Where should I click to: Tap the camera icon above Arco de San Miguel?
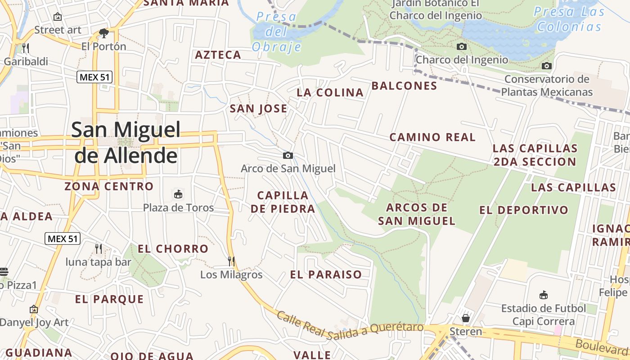(x=288, y=156)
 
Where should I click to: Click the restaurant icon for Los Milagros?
(x=231, y=261)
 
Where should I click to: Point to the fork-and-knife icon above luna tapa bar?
(x=98, y=248)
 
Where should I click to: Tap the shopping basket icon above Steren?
(x=466, y=318)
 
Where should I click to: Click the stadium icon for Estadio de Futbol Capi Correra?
(x=544, y=295)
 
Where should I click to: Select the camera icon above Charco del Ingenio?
(x=461, y=46)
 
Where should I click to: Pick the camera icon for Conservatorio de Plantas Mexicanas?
(x=547, y=66)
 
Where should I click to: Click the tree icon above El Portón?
(x=104, y=33)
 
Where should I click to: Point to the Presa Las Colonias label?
(x=569, y=19)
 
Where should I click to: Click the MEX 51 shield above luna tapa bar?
(x=63, y=238)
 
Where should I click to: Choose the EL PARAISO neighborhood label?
(x=326, y=274)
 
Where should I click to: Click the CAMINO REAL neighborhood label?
(x=432, y=137)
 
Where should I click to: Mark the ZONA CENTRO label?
(x=109, y=186)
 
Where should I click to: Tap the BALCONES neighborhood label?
(x=404, y=85)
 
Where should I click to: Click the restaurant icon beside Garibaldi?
(x=26, y=48)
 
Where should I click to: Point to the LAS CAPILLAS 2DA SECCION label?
(x=535, y=155)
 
